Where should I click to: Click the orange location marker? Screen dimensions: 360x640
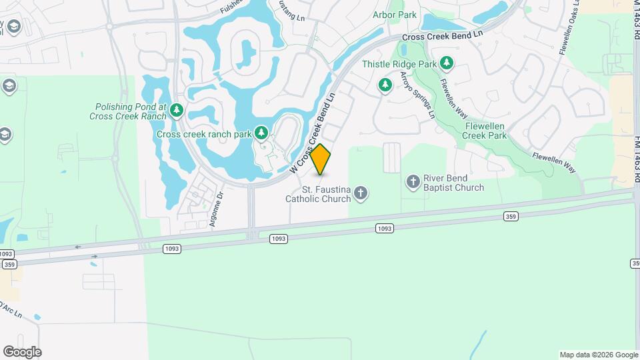point(321,159)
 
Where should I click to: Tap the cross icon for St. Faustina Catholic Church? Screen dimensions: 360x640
point(361,193)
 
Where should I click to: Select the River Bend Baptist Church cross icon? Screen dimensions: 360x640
point(413,181)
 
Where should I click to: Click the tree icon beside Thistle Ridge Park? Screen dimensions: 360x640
point(447,64)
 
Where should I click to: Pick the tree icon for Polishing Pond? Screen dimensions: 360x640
point(177,110)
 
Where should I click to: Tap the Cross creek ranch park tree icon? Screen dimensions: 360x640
point(262,133)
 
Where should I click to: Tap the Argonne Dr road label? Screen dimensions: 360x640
point(215,211)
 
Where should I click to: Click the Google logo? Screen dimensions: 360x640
point(22,351)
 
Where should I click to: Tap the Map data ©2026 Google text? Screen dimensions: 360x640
point(598,355)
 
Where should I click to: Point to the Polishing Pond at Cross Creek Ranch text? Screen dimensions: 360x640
point(130,111)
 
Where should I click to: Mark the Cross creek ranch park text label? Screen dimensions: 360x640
point(204,134)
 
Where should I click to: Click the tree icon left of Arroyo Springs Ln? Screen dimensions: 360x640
point(385,85)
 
